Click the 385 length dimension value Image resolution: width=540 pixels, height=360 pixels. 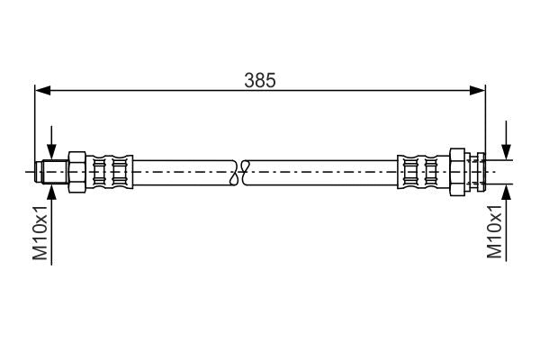click(259, 79)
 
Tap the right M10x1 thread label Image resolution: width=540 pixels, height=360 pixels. click(494, 233)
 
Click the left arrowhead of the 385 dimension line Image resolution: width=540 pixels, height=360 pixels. click(40, 90)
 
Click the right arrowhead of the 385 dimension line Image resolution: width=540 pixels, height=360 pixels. click(479, 90)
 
